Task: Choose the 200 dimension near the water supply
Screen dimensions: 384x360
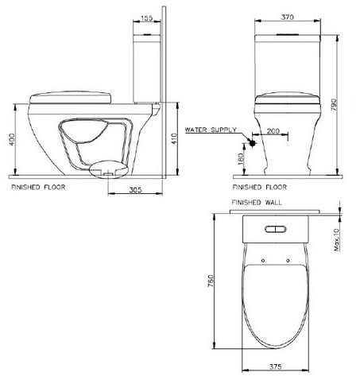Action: point(274,129)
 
